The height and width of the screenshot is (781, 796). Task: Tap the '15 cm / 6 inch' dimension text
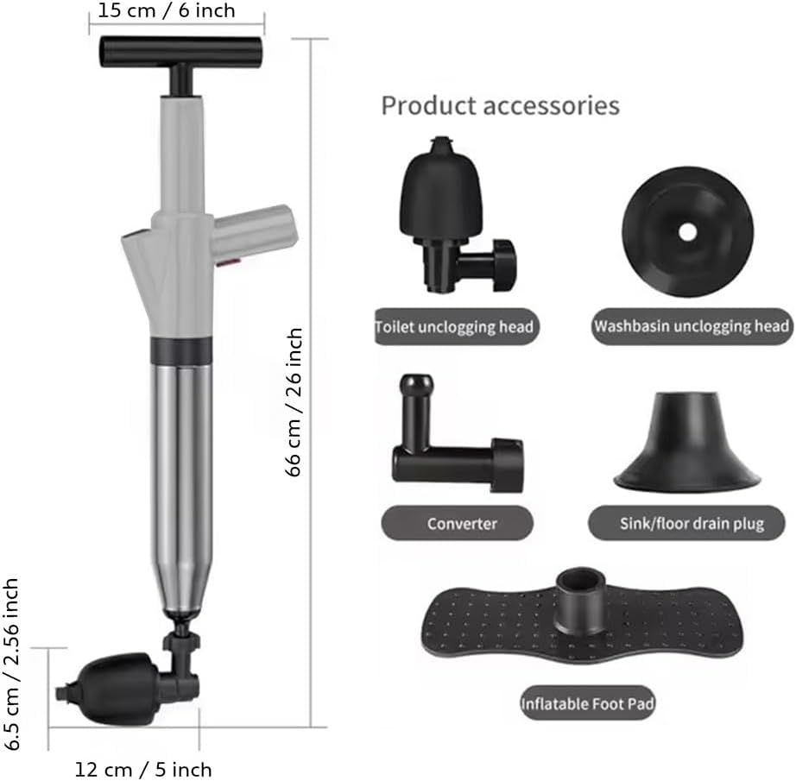click(x=167, y=10)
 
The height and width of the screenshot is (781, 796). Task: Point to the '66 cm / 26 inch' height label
click(x=294, y=402)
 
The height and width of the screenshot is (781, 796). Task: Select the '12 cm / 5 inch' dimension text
click(x=143, y=769)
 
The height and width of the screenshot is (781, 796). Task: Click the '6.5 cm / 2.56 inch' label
click(x=10, y=664)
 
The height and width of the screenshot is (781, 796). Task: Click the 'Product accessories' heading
click(x=500, y=105)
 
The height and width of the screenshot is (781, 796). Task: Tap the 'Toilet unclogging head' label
click(x=455, y=326)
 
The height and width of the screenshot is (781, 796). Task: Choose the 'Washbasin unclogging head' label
click(x=692, y=326)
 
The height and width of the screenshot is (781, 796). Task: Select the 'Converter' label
click(x=462, y=523)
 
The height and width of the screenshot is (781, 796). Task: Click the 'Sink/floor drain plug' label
click(x=692, y=523)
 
